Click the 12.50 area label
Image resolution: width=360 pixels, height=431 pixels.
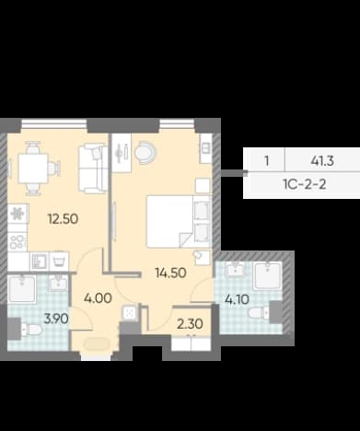63,219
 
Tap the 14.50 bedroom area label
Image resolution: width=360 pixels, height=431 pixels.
170,273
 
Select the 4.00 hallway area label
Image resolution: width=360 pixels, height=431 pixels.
98,298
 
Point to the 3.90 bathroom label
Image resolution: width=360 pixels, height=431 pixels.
56,319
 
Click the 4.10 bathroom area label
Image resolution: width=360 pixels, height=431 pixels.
237,299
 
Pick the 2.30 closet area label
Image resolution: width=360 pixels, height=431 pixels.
190,324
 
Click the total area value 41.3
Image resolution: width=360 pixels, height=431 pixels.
322,161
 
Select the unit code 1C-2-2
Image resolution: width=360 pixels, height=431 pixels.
305,184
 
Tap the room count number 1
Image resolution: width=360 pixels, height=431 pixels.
267,161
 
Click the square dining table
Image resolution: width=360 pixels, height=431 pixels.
33,169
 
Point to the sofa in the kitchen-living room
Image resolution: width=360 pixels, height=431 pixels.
93,169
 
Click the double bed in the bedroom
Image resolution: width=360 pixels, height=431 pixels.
179,221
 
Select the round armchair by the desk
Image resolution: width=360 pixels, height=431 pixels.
145,152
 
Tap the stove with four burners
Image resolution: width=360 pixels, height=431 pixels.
17,241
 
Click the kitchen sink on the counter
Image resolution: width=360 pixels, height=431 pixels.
40,262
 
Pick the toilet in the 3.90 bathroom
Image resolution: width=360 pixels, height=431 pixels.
31,330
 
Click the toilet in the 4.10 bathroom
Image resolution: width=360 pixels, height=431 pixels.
259,313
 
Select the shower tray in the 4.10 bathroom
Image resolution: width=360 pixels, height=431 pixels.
267,276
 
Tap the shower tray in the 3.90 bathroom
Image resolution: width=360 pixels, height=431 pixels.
22,289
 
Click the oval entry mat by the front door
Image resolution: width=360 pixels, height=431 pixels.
97,344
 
